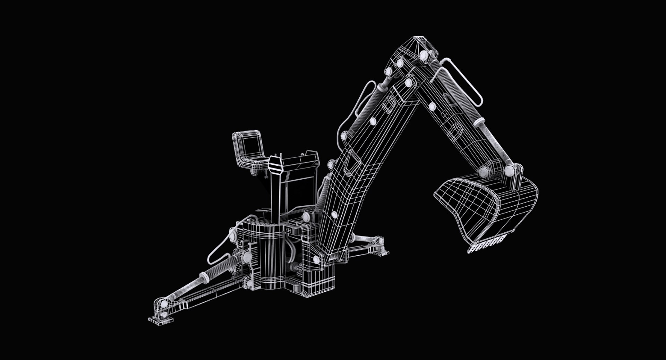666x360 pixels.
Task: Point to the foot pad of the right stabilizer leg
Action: point(381,252)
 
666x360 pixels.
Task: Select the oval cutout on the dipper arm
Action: point(456,131)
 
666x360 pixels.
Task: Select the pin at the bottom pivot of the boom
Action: point(316,259)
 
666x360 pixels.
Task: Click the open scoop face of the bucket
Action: point(465,205)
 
